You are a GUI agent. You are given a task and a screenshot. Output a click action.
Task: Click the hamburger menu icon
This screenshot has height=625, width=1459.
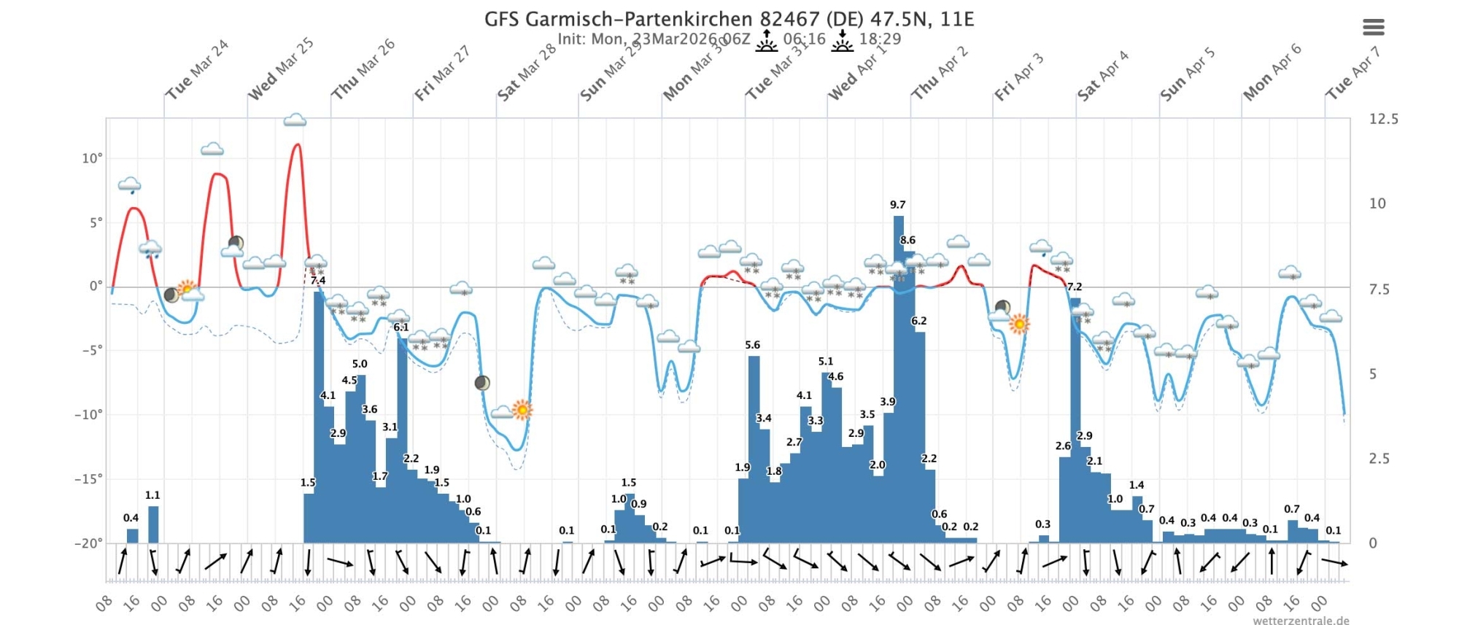coord(1373,28)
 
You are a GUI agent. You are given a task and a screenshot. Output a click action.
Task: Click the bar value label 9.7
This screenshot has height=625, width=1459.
coord(897,205)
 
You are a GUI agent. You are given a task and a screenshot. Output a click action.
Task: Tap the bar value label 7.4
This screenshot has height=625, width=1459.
coord(318,280)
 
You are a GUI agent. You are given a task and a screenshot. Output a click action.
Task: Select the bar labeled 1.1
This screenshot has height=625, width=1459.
coord(153,524)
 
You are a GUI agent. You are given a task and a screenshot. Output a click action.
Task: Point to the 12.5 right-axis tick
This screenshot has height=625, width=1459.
coord(1383,119)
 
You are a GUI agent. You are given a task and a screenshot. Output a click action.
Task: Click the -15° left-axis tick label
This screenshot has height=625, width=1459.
coord(89,479)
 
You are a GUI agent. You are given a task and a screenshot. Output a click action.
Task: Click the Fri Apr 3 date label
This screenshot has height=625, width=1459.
coord(1018,77)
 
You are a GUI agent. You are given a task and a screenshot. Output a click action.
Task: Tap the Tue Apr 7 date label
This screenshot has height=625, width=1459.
coord(1352,72)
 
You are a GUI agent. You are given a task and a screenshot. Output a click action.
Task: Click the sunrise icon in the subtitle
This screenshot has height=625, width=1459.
coord(766,41)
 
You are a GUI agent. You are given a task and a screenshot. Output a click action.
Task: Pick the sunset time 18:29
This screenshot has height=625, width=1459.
coord(880,39)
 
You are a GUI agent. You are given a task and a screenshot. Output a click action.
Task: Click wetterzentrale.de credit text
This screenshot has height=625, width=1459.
coord(1301,621)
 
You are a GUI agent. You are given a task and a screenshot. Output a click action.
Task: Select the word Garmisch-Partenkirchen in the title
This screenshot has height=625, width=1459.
coord(639,18)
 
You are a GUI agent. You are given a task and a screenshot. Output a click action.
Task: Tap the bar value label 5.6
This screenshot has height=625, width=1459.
coord(752,345)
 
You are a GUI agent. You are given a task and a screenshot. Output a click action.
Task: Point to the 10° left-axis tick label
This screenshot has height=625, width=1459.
coord(92,158)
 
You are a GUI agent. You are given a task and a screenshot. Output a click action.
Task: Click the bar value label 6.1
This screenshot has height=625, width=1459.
coord(401,327)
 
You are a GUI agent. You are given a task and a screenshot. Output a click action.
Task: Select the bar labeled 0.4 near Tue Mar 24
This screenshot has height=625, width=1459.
coord(132,535)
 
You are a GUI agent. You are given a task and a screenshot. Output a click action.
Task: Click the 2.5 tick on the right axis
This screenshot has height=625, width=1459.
coord(1377,459)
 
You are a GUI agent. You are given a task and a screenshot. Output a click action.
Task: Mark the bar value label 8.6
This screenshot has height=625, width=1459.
coord(907,240)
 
